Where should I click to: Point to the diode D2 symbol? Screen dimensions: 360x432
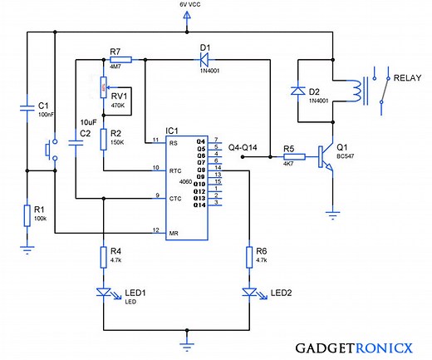click(297, 91)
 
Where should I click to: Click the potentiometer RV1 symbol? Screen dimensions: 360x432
click(103, 85)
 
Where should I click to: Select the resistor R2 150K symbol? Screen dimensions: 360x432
click(103, 138)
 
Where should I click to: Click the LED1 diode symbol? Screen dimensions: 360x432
click(103, 292)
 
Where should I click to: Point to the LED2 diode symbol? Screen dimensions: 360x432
click(249, 292)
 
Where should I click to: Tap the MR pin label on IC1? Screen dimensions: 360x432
click(173, 230)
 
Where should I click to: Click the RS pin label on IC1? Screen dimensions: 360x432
click(173, 143)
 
